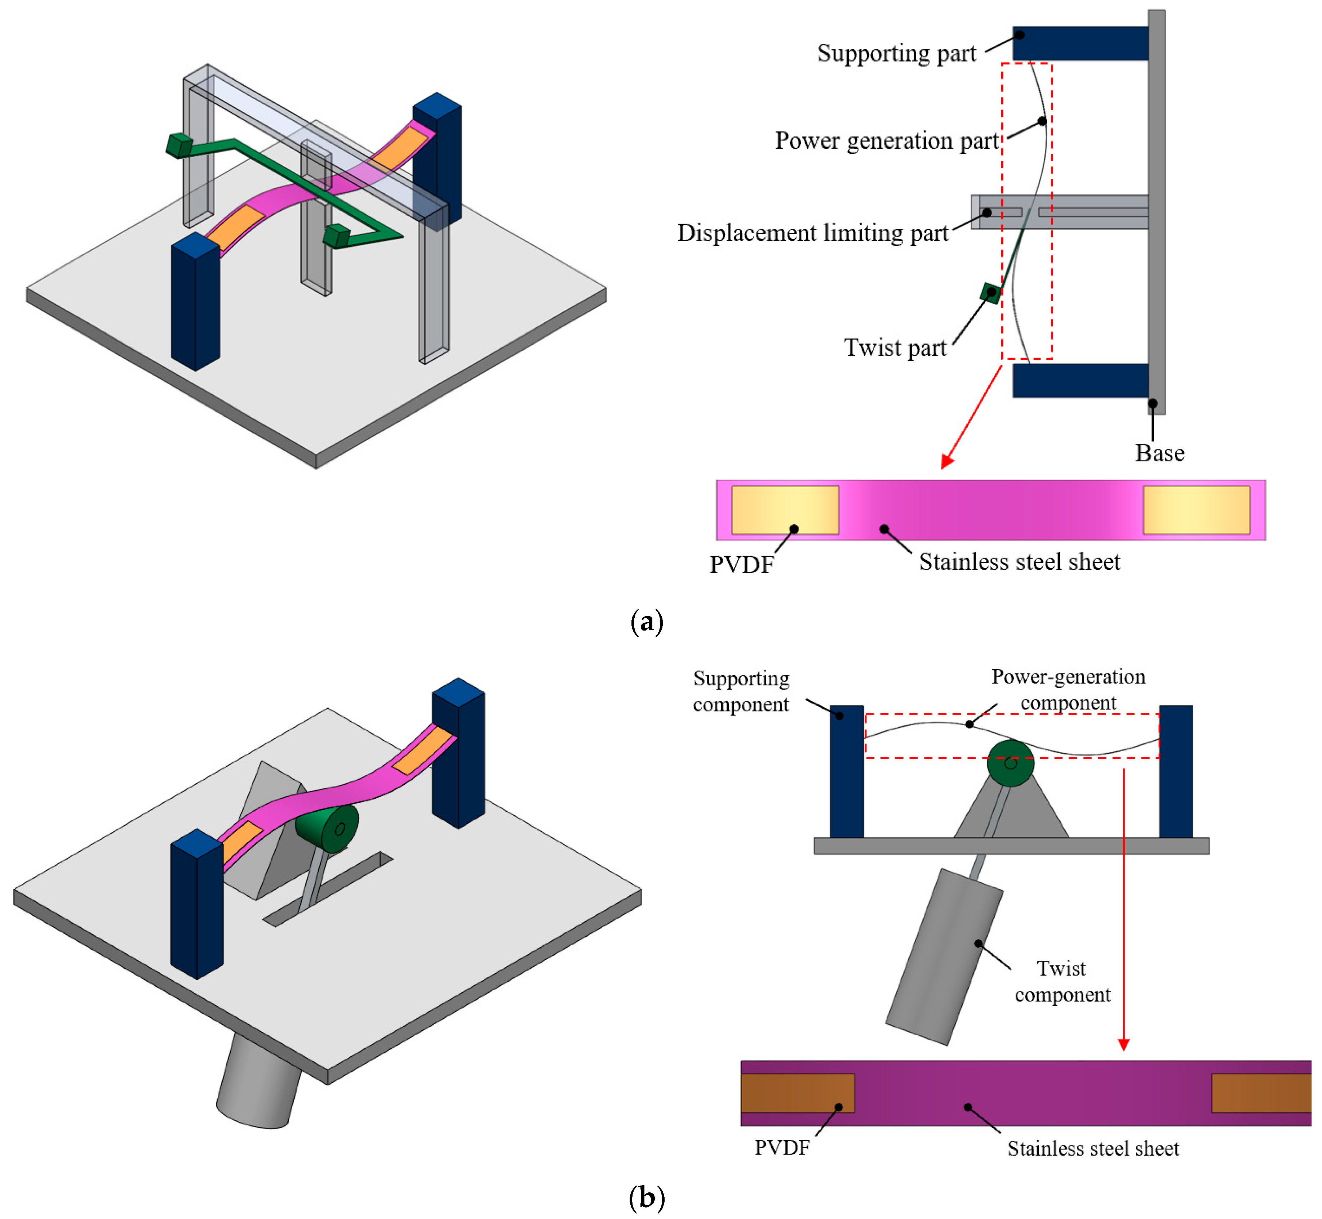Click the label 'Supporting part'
[896, 53]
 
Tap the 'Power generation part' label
[886, 140]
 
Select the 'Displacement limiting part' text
[812, 233]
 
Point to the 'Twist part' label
[895, 347]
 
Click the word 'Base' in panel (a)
[1160, 453]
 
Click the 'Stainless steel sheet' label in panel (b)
[1093, 1148]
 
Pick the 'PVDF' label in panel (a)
[741, 565]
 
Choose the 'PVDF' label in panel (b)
[782, 1148]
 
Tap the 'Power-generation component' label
[1069, 689]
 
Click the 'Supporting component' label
[741, 691]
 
